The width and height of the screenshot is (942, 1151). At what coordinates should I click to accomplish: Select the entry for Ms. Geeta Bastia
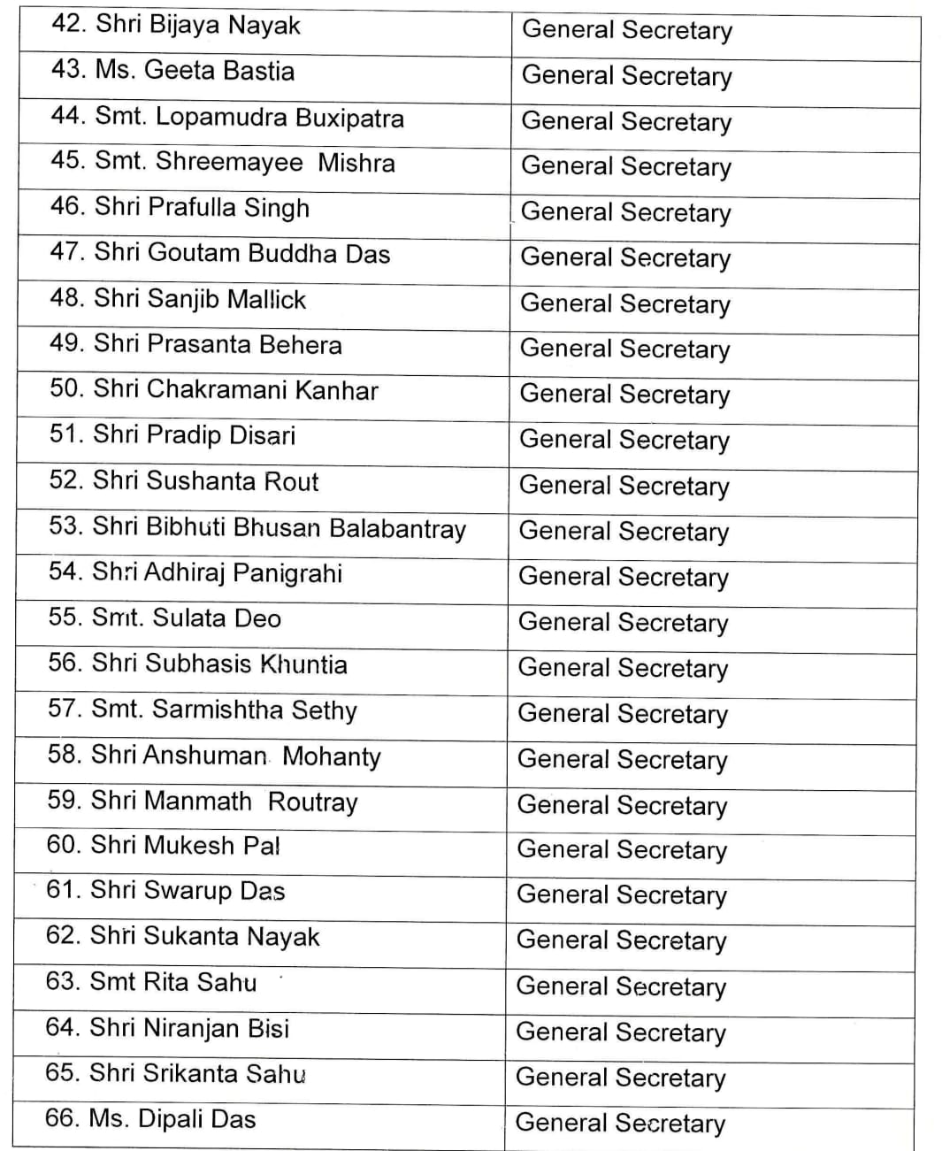pos(195,70)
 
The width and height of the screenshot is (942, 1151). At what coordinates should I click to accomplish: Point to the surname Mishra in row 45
pos(356,163)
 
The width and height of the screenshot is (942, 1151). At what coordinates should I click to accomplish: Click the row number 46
pos(66,207)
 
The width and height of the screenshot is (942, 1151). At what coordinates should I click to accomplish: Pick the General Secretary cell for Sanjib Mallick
pos(625,303)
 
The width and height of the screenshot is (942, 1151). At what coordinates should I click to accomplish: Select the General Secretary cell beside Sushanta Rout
pos(624,486)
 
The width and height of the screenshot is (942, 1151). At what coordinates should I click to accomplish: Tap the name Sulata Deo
pos(217,618)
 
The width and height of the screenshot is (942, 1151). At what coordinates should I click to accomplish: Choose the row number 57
pos(65,709)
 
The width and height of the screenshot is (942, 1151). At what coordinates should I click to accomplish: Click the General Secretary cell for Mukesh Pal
pos(622,850)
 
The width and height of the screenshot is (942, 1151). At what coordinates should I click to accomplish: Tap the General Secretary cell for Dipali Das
pos(620,1123)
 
